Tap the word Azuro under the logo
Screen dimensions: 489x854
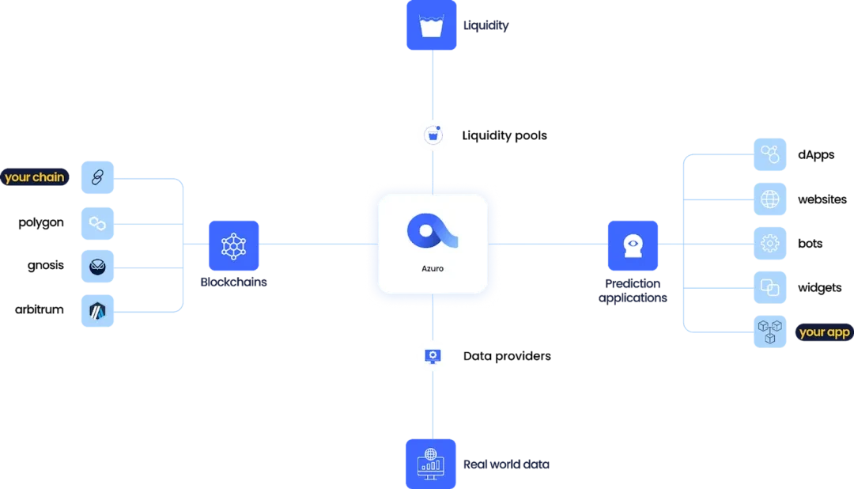coord(432,268)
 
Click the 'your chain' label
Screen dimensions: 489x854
coord(34,177)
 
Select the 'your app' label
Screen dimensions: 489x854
coord(824,332)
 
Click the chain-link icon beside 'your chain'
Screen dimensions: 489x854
coord(98,178)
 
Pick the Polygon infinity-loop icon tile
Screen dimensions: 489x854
coord(98,222)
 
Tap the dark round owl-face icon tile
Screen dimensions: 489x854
coord(98,266)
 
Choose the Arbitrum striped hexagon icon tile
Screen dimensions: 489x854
coord(98,310)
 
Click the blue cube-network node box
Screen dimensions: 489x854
coord(233,245)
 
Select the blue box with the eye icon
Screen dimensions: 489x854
coord(633,245)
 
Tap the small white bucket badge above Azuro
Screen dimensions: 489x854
coord(432,135)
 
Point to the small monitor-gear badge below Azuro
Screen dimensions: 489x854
coord(432,355)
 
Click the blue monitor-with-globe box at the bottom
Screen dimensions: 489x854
coord(432,463)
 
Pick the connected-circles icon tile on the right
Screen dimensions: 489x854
coord(770,154)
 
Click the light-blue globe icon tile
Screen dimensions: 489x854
coord(770,199)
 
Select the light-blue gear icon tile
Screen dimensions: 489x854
coord(770,244)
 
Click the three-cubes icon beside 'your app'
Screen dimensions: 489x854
coord(770,332)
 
